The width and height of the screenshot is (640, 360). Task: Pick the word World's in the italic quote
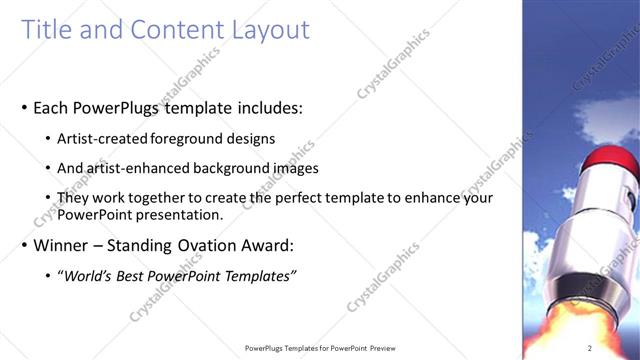pyautogui.click(x=93, y=276)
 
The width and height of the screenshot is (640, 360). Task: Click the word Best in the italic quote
pyautogui.click(x=142, y=276)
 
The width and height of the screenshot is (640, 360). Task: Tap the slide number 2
pyautogui.click(x=590, y=348)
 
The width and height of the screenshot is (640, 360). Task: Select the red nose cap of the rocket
pyautogui.click(x=606, y=160)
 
